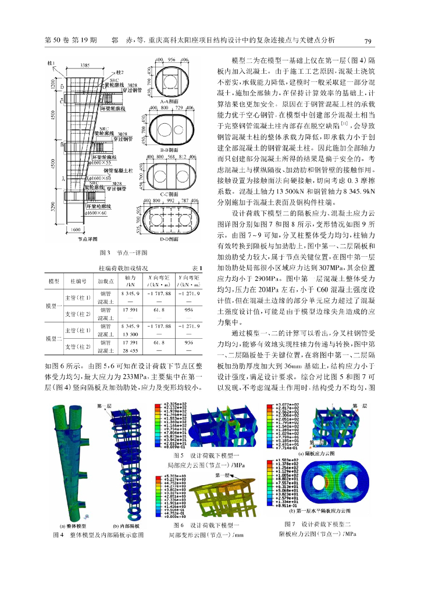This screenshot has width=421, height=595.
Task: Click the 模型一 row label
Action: tap(54, 306)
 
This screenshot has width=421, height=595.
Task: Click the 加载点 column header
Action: tap(104, 281)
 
